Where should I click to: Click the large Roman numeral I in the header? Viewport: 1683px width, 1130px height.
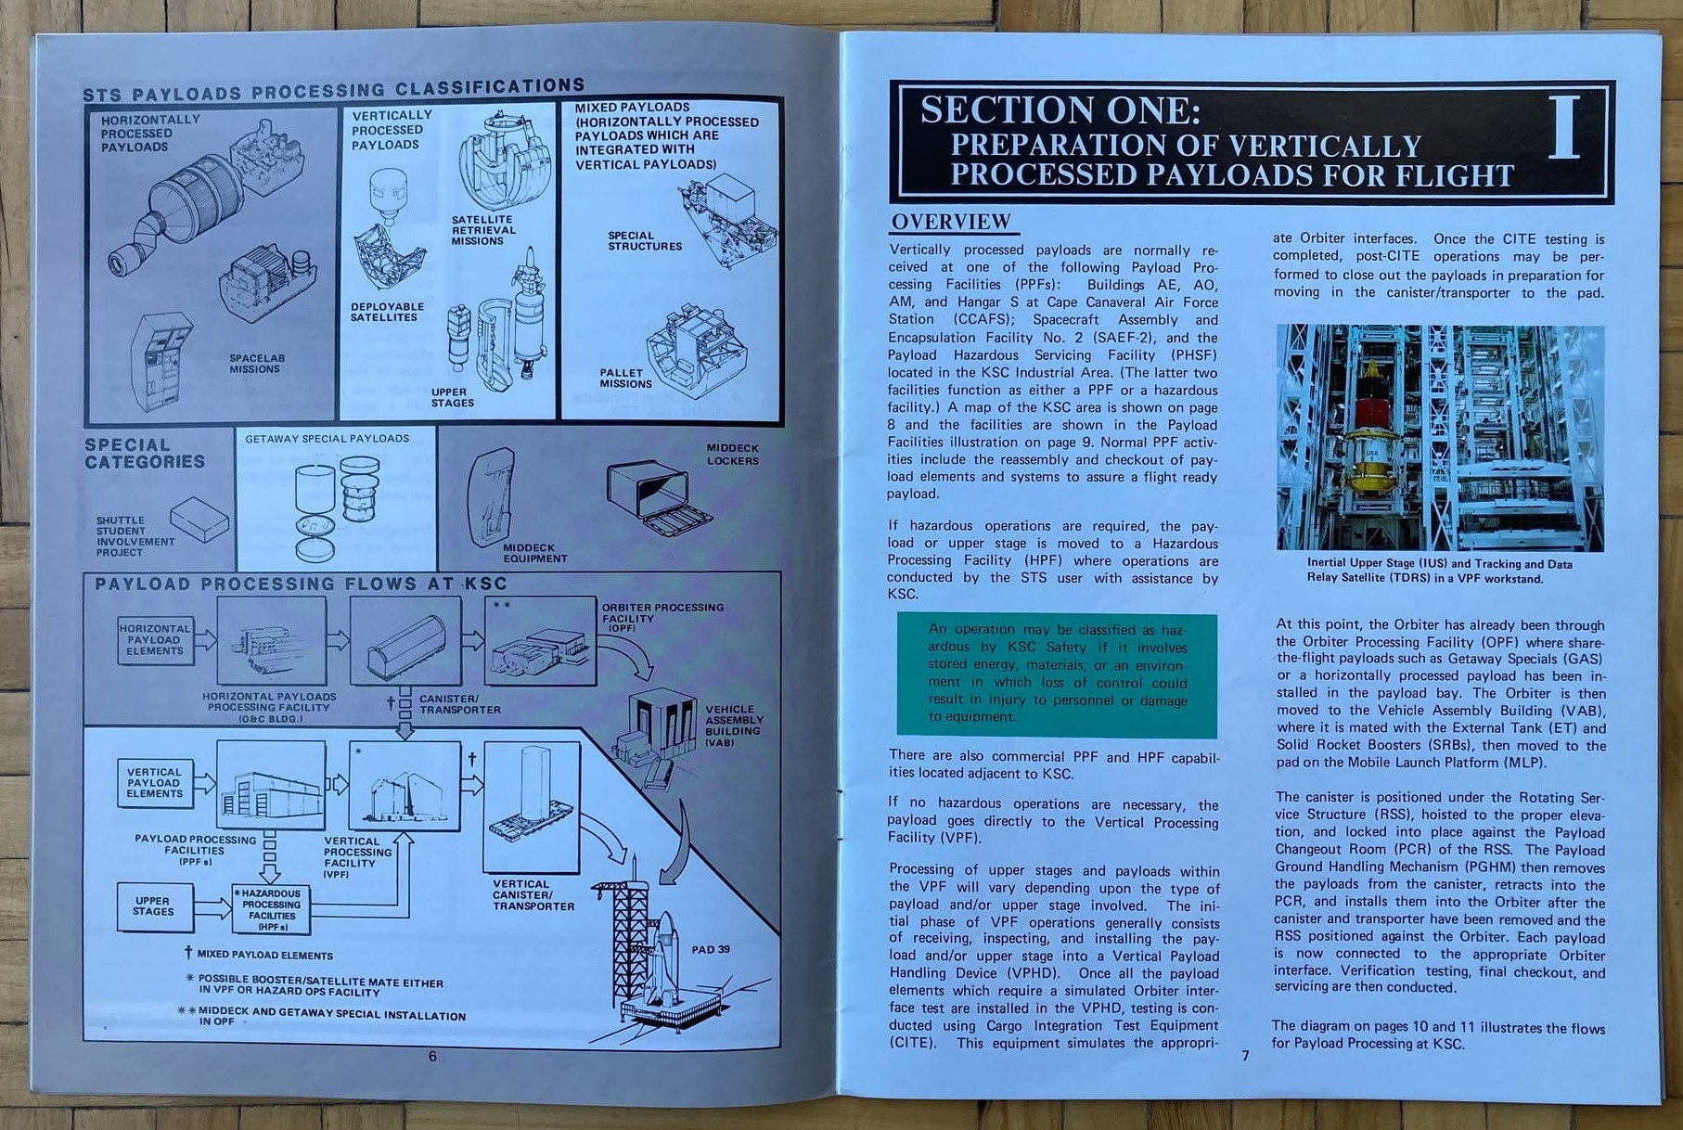coord(1565,129)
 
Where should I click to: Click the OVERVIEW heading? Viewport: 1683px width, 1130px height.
coord(951,222)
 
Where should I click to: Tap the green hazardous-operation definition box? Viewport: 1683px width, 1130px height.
coord(1057,674)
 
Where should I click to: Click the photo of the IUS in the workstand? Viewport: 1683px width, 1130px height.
coord(1439,437)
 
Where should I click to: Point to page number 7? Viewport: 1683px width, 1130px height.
coord(1245,1056)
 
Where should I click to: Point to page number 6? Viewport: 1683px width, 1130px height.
coord(432,1056)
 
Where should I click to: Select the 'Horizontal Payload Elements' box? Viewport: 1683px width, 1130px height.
coord(155,639)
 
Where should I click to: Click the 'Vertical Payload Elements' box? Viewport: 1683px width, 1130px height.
coord(155,782)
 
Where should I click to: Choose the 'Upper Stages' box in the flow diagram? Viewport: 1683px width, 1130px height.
coord(153,905)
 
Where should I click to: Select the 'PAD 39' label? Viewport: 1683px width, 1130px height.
coord(711,949)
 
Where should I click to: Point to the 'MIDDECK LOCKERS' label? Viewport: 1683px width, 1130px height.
coord(732,454)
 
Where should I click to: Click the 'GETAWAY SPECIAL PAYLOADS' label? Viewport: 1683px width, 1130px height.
coord(327,438)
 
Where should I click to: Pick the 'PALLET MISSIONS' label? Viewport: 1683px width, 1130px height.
coord(624,378)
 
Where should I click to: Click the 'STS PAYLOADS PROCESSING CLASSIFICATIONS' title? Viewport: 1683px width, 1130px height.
coord(333,90)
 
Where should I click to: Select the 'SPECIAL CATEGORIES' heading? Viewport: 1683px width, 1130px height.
coord(145,454)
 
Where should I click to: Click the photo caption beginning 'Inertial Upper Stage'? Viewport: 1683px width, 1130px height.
coord(1439,571)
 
